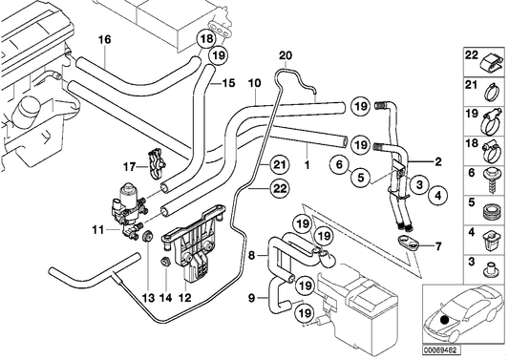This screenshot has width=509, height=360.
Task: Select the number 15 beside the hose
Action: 227,84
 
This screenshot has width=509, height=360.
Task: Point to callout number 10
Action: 254,84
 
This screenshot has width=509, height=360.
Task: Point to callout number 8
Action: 251,256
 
